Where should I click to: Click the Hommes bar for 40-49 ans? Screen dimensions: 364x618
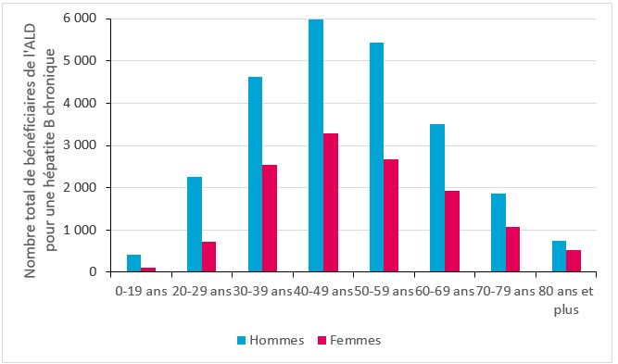click(316, 145)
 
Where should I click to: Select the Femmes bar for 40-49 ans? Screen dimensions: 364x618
click(331, 203)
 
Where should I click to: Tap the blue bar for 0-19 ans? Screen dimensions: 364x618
click(134, 263)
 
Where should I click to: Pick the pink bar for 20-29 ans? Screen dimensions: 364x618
click(209, 257)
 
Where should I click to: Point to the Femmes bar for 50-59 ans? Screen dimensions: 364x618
click(391, 216)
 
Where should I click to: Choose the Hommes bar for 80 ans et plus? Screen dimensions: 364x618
click(558, 257)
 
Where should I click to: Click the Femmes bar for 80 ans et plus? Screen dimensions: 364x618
click(573, 260)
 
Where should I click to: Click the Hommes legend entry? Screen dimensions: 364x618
click(277, 340)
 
